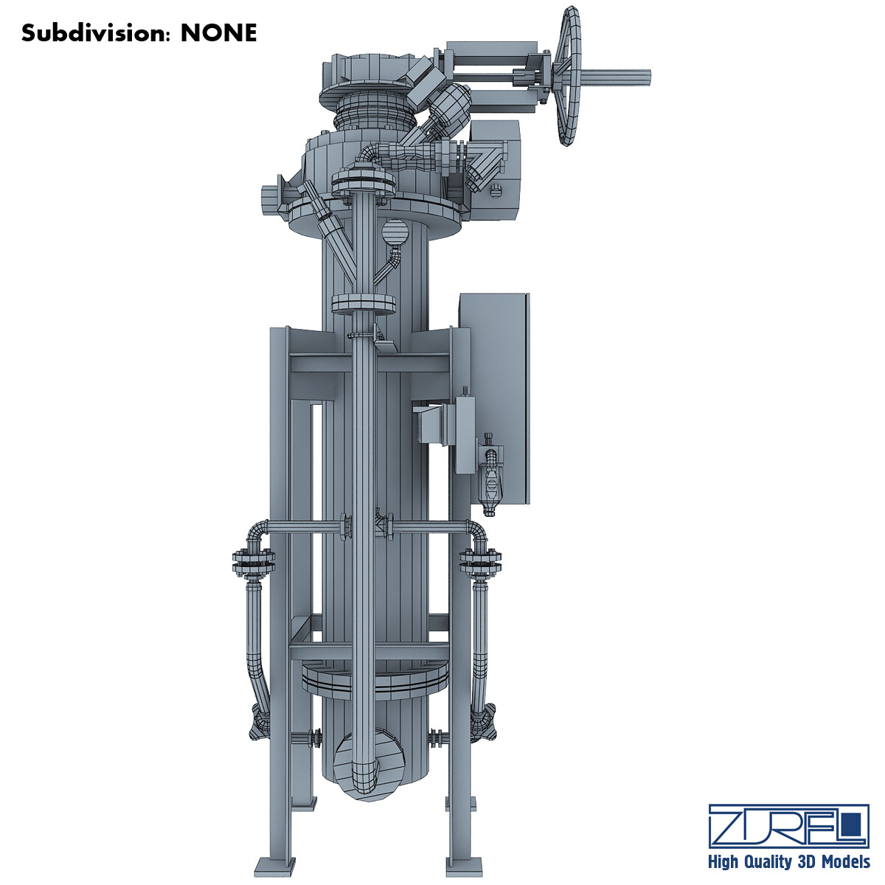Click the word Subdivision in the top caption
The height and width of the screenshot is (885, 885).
pos(97,33)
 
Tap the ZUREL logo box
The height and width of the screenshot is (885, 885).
pos(788,825)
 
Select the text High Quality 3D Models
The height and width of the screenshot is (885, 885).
pos(788,861)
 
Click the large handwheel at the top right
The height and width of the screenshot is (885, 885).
pos(569,77)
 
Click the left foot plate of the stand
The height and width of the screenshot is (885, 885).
pos(276,864)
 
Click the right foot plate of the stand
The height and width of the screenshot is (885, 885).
pos(464,864)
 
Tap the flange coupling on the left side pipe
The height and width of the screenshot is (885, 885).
pos(254,562)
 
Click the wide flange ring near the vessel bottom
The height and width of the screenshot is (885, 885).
pos(375,682)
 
